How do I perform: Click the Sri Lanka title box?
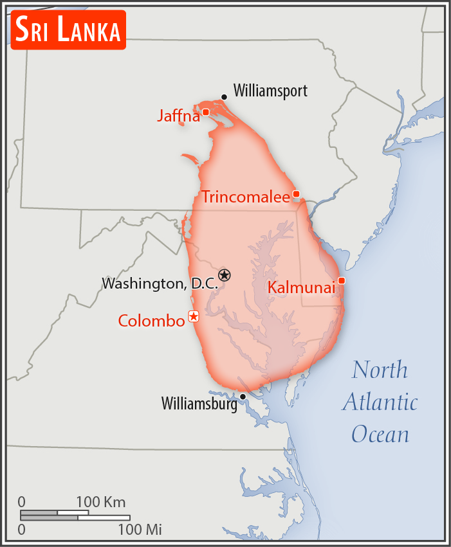[68, 30]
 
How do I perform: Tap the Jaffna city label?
[178, 116]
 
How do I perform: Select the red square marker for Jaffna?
[206, 112]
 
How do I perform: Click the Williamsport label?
[270, 91]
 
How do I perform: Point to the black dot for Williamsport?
[224, 97]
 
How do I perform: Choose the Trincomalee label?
[246, 197]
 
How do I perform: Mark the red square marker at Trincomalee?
[296, 193]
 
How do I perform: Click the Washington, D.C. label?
[160, 283]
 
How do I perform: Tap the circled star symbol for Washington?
[224, 275]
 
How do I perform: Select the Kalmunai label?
[301, 287]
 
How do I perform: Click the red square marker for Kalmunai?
[342, 280]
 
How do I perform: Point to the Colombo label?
[151, 320]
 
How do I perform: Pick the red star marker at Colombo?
[193, 316]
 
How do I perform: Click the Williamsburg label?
[199, 404]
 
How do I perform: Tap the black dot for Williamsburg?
[243, 397]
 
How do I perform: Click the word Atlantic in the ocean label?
[380, 402]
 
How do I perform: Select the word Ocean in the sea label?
[380, 435]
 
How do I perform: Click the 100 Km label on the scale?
[101, 502]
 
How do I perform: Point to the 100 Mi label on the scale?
[139, 530]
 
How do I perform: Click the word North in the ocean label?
[380, 370]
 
